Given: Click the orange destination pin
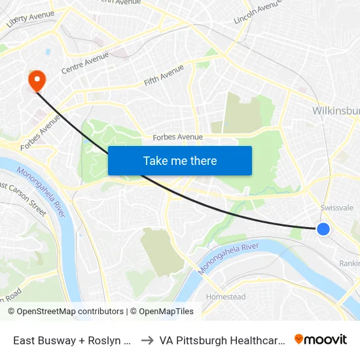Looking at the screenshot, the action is (37, 81).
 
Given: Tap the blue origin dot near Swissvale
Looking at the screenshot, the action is (323, 228).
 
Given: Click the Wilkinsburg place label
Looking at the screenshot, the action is (336, 111).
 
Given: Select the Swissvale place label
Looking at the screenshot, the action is (336, 207).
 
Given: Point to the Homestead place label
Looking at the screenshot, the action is (226, 297).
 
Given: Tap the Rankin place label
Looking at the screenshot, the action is (349, 263).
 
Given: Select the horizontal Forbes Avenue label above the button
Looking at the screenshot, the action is (177, 137).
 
